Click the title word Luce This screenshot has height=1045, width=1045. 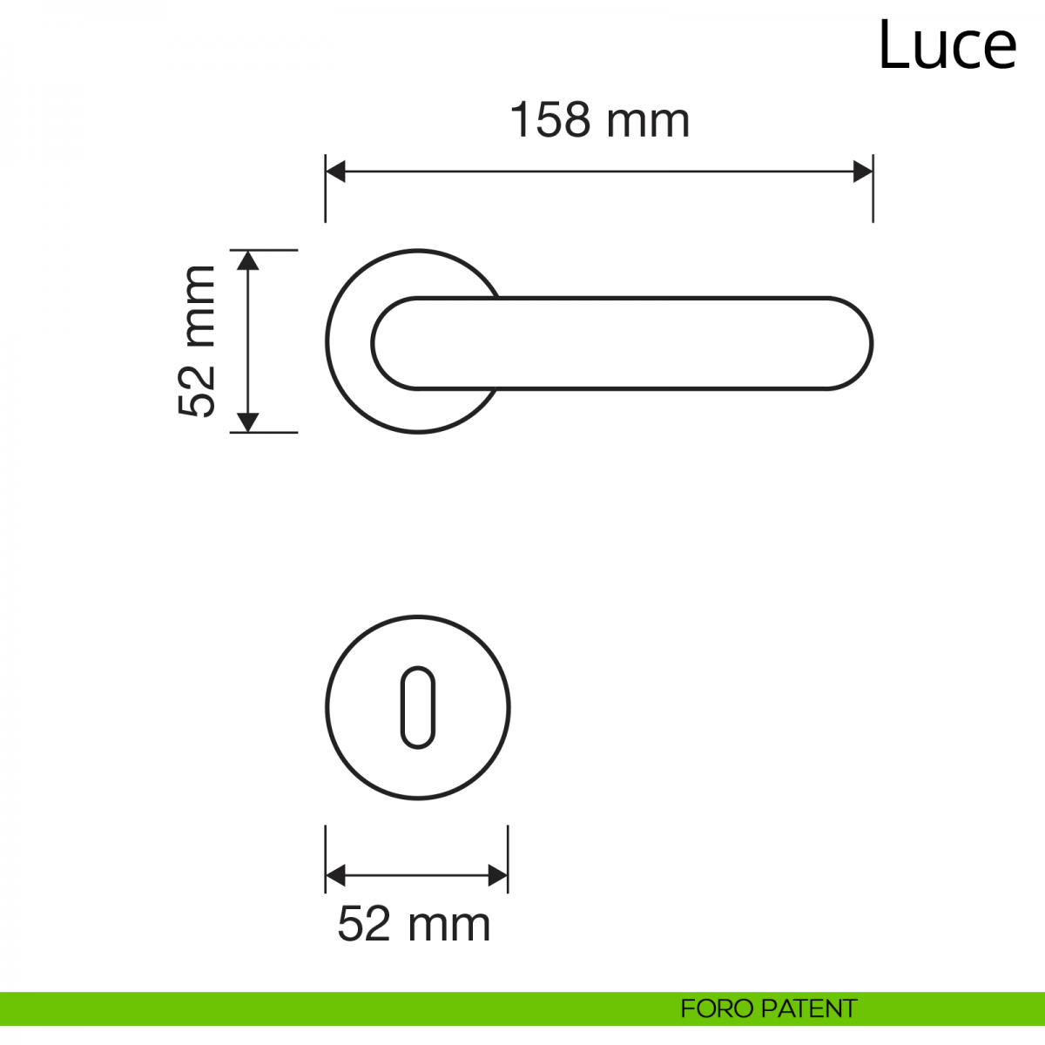click(947, 45)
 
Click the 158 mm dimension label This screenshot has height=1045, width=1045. click(600, 120)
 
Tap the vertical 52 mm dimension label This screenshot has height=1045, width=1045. click(197, 341)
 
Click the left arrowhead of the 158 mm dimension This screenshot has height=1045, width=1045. click(335, 172)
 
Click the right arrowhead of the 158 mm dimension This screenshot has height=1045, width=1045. click(863, 172)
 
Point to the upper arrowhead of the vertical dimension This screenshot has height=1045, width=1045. click(248, 261)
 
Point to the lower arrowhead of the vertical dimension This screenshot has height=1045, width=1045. click(248, 421)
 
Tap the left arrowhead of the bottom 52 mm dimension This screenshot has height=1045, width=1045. click(335, 875)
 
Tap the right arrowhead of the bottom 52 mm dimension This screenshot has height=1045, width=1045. click(498, 875)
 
